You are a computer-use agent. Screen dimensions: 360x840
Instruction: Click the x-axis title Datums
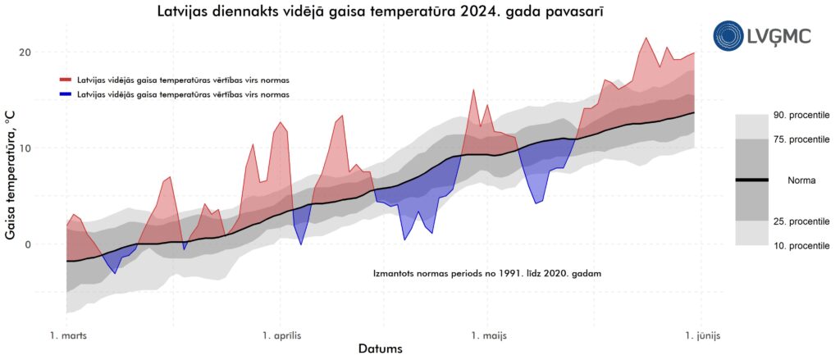pos(380,349)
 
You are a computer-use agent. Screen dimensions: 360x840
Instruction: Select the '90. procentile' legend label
pos(801,116)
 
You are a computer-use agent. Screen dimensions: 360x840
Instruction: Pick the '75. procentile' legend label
pos(801,139)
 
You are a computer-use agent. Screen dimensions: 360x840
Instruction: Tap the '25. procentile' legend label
pos(801,221)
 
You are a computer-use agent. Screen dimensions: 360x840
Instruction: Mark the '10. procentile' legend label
pos(801,245)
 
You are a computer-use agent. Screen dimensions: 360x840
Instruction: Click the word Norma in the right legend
pos(801,180)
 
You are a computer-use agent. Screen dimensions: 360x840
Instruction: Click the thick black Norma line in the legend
pos(751,180)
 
